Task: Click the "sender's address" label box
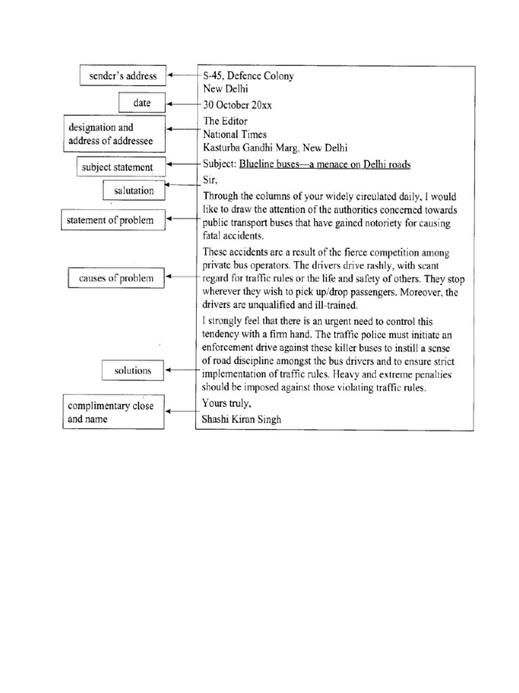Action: pyautogui.click(x=123, y=76)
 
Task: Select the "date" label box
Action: pyautogui.click(x=141, y=104)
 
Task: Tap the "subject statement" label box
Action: pyautogui.click(x=122, y=166)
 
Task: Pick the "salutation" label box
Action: pyautogui.click(x=134, y=191)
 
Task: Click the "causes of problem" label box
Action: pyautogui.click(x=116, y=277)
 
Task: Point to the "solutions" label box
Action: pyautogui.click(x=132, y=370)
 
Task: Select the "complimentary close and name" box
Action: pyautogui.click(x=114, y=412)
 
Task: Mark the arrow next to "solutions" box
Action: pyautogui.click(x=181, y=370)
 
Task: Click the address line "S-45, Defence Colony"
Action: pyautogui.click(x=248, y=76)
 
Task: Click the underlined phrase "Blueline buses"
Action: pyautogui.click(x=264, y=164)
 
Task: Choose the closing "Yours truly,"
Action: pyautogui.click(x=226, y=403)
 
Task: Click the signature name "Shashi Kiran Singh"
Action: pyautogui.click(x=241, y=419)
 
